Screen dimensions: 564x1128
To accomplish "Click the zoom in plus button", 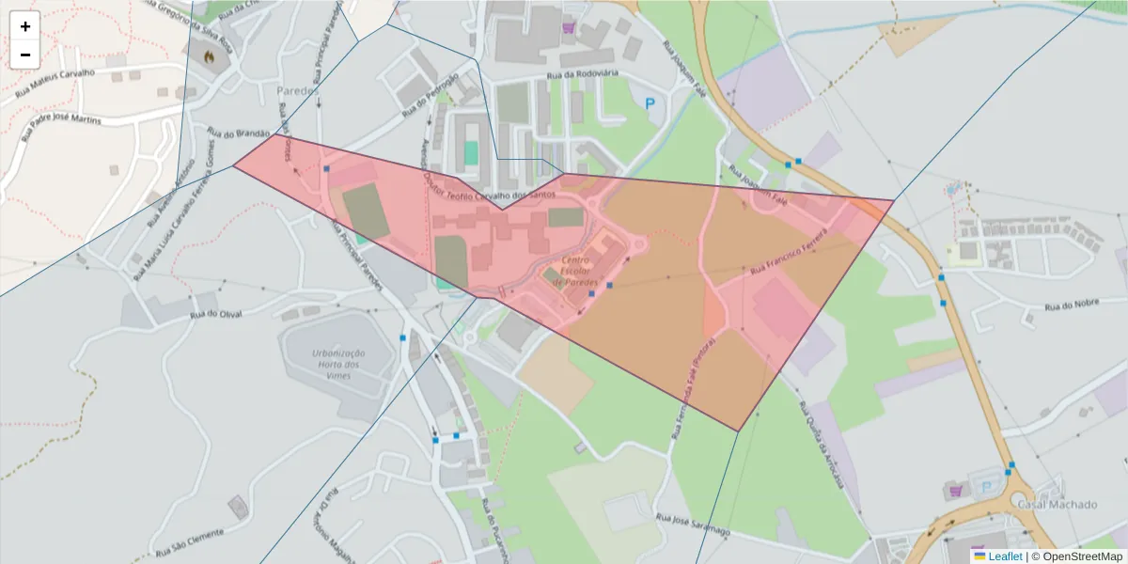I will (x=25, y=26).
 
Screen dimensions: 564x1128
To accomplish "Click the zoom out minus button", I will (x=25, y=55).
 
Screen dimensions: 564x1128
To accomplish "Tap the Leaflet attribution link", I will (x=1004, y=556).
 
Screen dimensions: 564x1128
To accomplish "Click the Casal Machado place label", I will (x=1057, y=505).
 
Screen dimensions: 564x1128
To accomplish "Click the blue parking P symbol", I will (x=649, y=104).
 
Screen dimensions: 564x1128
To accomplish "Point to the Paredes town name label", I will (x=298, y=91).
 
